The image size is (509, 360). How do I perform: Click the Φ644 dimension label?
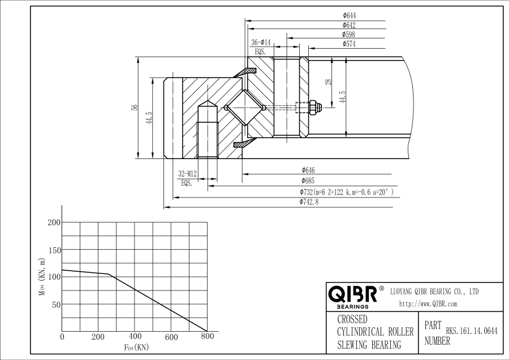tap(349, 16)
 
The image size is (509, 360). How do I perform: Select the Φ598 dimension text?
tap(349, 35)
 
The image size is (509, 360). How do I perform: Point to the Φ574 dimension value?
tap(349, 44)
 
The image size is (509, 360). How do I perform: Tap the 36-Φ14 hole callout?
tap(261, 42)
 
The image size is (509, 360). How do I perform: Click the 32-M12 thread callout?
tap(187, 174)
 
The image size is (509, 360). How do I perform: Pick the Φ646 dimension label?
tap(308, 170)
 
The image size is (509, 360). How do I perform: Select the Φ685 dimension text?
tap(308, 180)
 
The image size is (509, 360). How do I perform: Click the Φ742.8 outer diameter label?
tap(309, 202)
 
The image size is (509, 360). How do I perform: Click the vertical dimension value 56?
tap(135, 107)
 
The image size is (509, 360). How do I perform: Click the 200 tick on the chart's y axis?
tap(53, 222)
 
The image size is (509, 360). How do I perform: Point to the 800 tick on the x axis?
tap(208, 337)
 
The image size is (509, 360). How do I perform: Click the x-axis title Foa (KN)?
tap(136, 347)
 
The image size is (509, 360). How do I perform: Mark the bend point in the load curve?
tap(109, 275)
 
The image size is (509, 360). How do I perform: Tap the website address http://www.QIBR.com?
tap(428, 304)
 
